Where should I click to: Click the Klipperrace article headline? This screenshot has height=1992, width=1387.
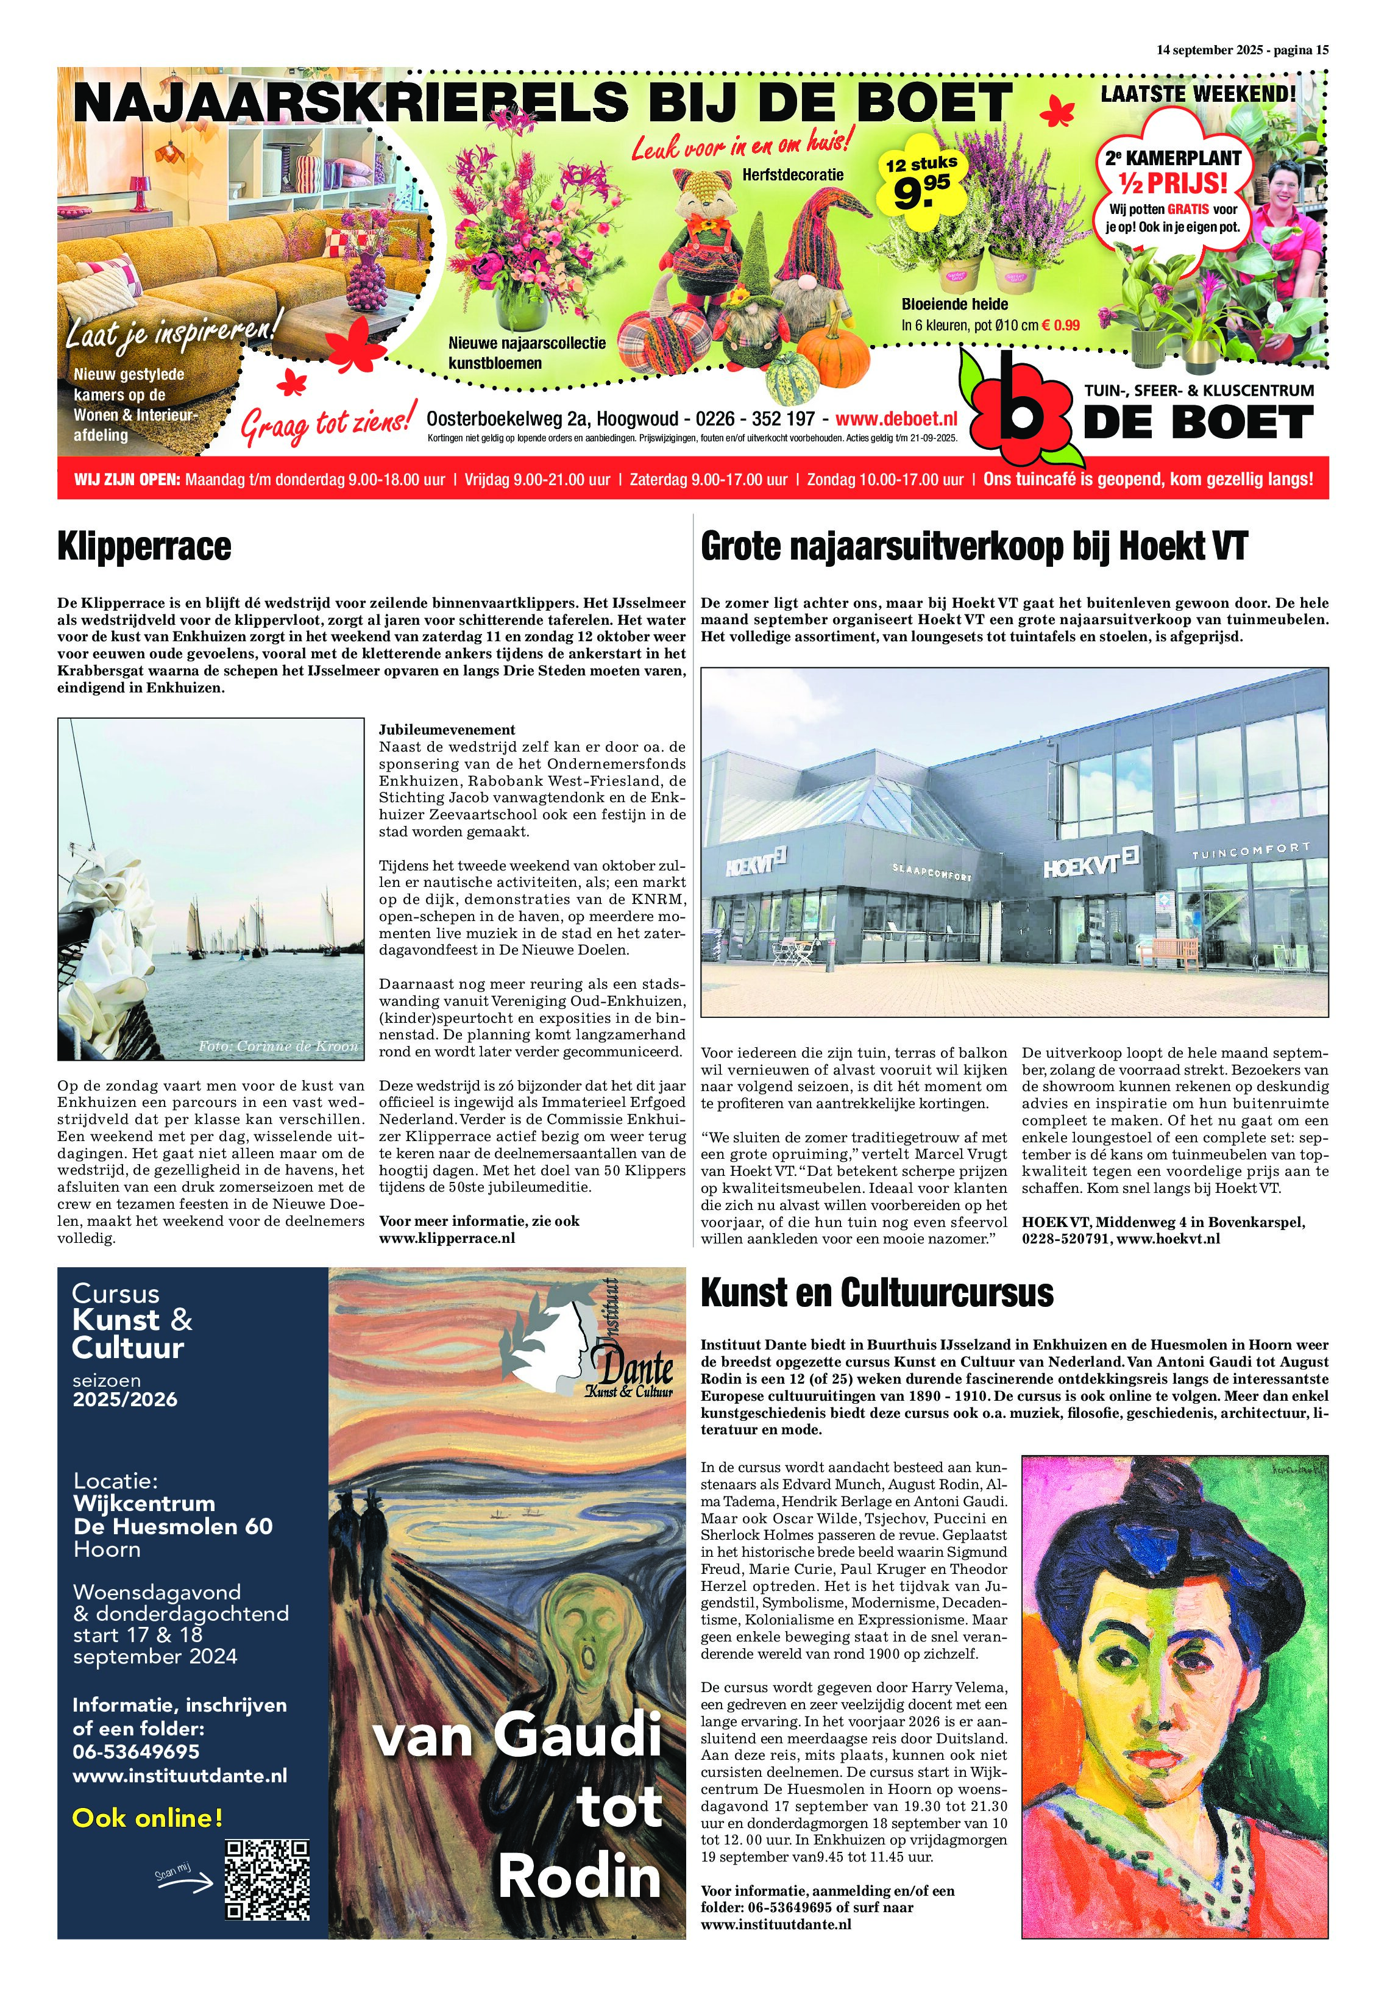click(144, 547)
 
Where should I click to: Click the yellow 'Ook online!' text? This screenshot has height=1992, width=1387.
click(147, 1818)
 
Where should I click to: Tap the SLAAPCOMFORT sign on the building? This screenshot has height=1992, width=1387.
click(932, 871)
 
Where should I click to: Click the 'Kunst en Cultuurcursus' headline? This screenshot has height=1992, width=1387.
click(876, 1293)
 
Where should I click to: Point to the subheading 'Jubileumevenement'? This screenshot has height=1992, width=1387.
click(447, 730)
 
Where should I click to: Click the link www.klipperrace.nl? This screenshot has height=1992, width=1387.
click(447, 1238)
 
